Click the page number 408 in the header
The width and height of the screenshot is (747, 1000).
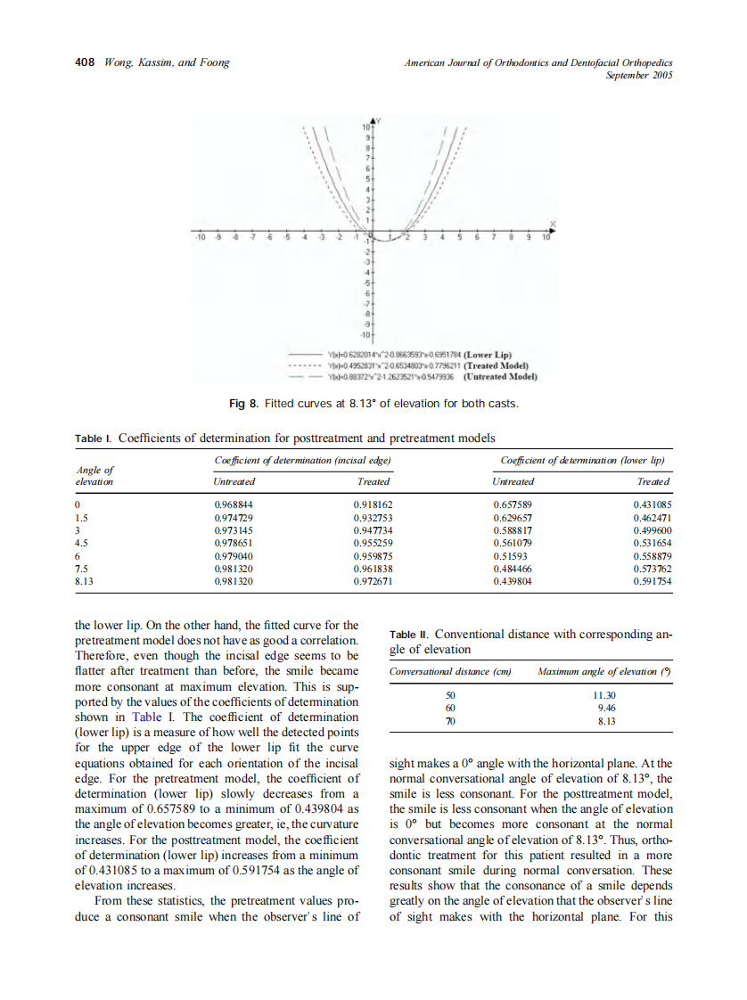[x=84, y=62]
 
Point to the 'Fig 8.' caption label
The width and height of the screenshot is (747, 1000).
[x=242, y=405]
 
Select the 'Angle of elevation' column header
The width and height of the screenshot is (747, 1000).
[x=94, y=475]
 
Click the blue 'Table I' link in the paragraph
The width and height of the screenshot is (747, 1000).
[x=149, y=717]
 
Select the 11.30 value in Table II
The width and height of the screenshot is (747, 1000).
[x=604, y=694]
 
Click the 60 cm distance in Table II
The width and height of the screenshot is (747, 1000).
[x=450, y=707]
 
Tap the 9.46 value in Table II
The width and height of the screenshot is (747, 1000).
[x=604, y=707]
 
